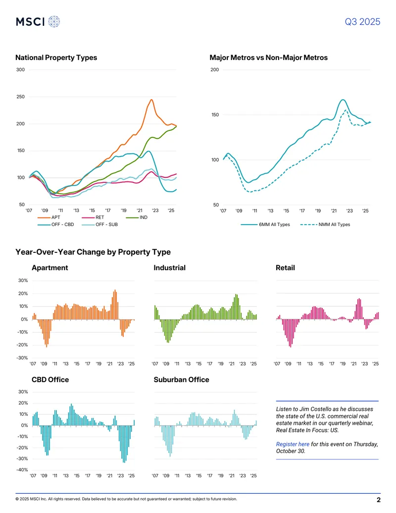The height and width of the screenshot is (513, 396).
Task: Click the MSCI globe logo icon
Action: coord(54,22)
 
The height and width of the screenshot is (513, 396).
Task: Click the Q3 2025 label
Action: coord(362,22)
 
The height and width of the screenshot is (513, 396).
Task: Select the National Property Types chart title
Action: coord(56,57)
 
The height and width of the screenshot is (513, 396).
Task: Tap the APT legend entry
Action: coord(49,217)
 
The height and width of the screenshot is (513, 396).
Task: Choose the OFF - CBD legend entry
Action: coord(56,225)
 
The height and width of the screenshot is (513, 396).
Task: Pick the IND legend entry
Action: coord(137,217)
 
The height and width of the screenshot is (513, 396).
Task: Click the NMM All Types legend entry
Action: coord(325,225)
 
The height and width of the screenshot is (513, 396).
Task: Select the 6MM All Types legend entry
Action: coord(265,225)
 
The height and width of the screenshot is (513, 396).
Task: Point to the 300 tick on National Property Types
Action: coord(20,70)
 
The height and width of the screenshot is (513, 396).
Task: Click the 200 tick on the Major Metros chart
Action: coord(215,70)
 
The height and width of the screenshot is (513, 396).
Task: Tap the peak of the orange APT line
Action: coord(151,100)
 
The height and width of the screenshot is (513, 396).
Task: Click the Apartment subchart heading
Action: coord(49,268)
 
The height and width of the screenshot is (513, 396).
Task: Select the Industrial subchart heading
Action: coord(170,268)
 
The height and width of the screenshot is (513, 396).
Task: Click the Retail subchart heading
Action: coord(285,268)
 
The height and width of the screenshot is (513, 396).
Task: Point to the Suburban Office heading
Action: coord(181,380)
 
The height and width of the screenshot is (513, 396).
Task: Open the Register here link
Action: coord(293,444)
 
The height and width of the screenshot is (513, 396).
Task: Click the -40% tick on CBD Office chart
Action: coord(22,470)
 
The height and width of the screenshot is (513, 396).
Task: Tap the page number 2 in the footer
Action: coord(379,500)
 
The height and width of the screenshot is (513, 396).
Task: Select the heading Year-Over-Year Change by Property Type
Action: coord(93,252)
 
